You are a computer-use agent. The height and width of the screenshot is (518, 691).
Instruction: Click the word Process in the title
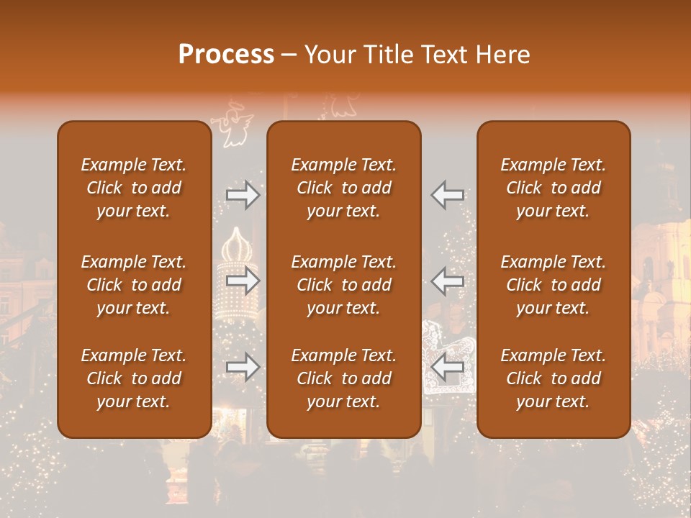click(226, 55)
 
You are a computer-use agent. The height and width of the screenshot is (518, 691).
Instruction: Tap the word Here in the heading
click(502, 55)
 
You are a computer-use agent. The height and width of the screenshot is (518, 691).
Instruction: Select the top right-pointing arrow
click(243, 195)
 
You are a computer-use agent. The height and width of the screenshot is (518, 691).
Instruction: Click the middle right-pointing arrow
click(243, 281)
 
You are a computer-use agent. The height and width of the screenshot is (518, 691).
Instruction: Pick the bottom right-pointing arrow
click(243, 367)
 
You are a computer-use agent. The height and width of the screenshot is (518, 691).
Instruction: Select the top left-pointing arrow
click(448, 195)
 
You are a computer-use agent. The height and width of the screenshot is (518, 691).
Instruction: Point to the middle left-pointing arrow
click(448, 281)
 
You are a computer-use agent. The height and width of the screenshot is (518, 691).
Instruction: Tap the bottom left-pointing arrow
click(448, 367)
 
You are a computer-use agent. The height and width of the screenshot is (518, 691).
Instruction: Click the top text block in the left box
click(134, 188)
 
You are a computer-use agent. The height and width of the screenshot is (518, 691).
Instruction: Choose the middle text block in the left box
click(134, 285)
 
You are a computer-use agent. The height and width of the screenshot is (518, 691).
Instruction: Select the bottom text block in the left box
click(134, 378)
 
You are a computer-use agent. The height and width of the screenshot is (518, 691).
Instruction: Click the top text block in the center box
click(343, 188)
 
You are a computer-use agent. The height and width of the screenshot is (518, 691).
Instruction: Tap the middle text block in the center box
click(343, 285)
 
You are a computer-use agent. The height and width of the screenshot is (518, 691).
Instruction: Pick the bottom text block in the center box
click(343, 378)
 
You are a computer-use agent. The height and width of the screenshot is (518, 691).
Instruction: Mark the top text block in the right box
click(554, 188)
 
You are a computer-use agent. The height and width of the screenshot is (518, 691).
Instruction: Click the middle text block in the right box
click(554, 285)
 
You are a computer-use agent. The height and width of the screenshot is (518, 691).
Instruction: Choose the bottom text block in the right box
click(554, 378)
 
